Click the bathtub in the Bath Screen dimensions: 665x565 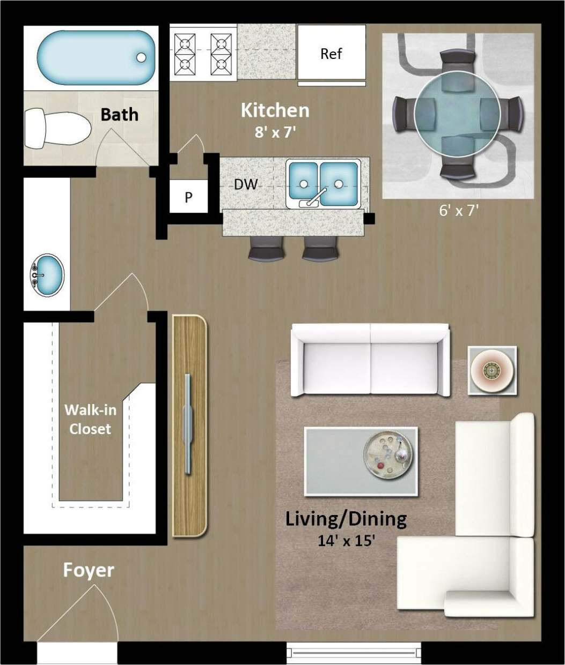(94, 57)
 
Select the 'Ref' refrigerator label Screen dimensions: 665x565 (331, 54)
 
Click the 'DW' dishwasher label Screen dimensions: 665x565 (246, 184)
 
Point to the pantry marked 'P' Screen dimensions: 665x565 (188, 197)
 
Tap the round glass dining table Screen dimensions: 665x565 (458, 114)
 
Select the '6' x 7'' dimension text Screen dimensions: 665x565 (459, 211)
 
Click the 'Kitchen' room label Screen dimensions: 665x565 (275, 110)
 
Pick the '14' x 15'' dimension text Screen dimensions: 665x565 (346, 540)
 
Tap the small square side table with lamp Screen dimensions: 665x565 (492, 370)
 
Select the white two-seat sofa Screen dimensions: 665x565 (370, 360)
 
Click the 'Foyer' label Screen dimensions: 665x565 (89, 570)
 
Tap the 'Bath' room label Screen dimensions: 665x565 (119, 114)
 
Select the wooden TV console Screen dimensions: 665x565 (189, 426)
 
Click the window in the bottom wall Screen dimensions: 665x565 (355, 653)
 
